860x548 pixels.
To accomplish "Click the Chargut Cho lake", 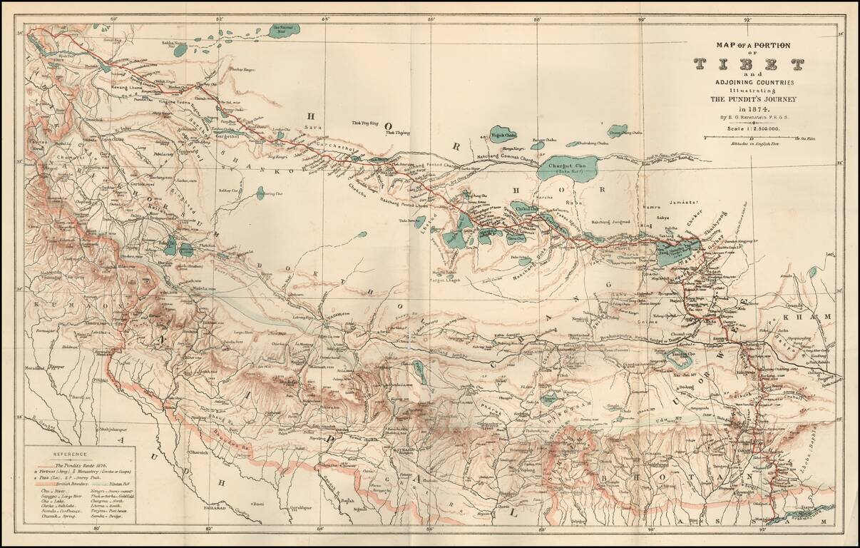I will coord(568,168).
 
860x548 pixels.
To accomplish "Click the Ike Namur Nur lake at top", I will coord(285,31).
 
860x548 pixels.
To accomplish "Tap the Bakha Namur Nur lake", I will coord(180,49).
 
